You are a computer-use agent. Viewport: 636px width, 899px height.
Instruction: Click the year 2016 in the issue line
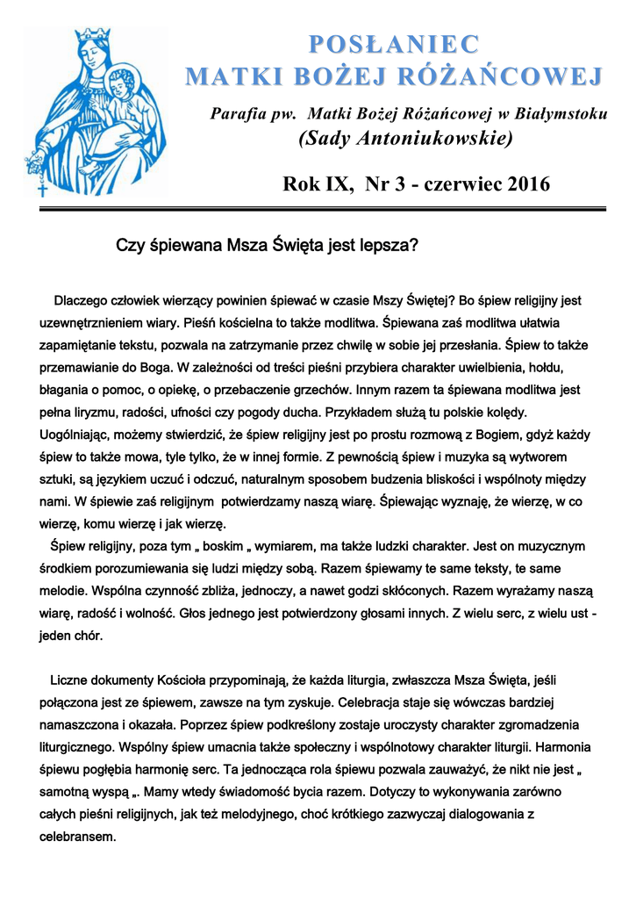[520, 184]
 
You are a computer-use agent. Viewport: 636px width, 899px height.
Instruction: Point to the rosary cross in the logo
[43, 188]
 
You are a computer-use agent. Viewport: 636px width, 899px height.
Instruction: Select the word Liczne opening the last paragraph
[69, 680]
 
